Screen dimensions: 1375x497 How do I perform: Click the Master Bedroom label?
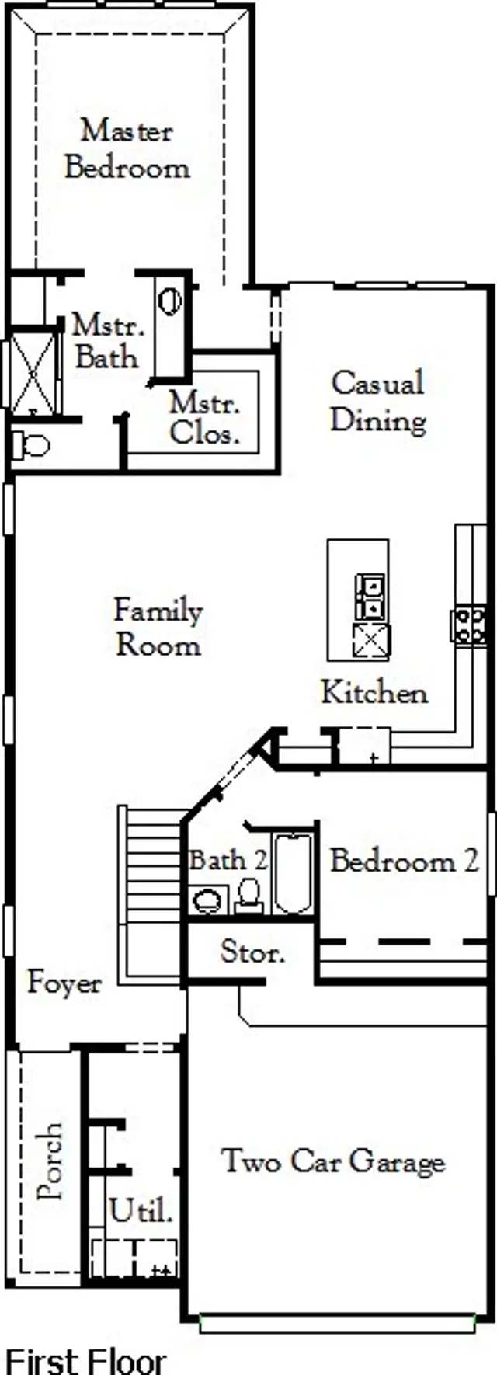click(x=127, y=148)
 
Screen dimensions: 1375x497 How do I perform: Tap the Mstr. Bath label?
click(x=107, y=341)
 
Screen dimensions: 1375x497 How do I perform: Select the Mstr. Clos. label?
click(x=204, y=418)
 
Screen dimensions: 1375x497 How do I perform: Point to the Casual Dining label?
click(x=378, y=402)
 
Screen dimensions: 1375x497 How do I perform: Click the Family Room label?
click(x=158, y=627)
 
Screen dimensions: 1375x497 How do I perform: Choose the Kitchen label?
click(x=374, y=692)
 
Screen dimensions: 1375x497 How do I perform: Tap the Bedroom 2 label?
click(x=404, y=861)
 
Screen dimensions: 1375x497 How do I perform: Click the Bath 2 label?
click(x=228, y=860)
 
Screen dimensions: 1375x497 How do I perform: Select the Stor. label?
click(x=252, y=952)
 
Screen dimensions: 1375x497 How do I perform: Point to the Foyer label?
click(x=64, y=983)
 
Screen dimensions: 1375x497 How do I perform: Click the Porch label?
click(x=50, y=1161)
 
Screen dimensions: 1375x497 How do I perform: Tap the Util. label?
click(x=141, y=1210)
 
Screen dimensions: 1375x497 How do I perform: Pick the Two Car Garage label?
click(x=333, y=1161)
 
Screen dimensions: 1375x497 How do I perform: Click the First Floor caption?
click(x=85, y=1360)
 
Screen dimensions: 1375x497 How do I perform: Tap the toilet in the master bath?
click(x=30, y=446)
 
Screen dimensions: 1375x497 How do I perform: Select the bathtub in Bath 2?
click(x=293, y=874)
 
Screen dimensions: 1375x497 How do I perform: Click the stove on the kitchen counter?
click(x=469, y=625)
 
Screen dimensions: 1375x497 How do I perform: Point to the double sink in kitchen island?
click(x=370, y=596)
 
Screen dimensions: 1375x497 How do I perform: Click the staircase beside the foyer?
click(x=153, y=893)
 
